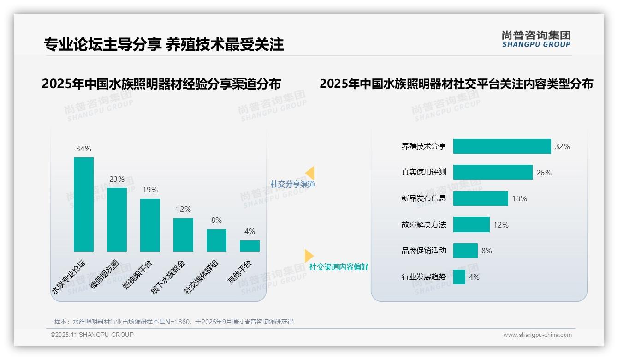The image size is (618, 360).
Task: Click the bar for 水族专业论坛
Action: [x=83, y=204]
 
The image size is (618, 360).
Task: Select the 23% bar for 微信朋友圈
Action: [x=117, y=220]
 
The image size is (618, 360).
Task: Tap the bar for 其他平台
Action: [x=250, y=246]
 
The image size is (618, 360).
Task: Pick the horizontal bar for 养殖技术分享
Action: [x=502, y=146]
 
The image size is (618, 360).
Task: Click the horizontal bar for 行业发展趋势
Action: [x=459, y=277]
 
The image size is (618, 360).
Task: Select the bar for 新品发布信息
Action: [x=481, y=198]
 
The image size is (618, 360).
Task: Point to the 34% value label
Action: [x=83, y=149]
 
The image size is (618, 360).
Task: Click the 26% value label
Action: [x=544, y=173]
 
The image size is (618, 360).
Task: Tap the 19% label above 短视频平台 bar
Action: [x=150, y=190]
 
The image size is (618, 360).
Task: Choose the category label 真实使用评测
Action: [x=423, y=172]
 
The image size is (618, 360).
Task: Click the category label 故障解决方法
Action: [x=423, y=225]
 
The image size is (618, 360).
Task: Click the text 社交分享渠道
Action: [x=293, y=184]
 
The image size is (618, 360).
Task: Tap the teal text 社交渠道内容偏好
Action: [x=339, y=267]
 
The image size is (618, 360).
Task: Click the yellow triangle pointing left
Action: [x=310, y=173]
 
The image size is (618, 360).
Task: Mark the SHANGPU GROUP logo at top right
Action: [x=536, y=39]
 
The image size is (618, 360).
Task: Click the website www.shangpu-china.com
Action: [x=537, y=335]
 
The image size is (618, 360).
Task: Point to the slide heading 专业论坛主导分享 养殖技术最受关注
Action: [x=164, y=44]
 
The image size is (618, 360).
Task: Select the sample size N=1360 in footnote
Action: [x=178, y=322]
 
